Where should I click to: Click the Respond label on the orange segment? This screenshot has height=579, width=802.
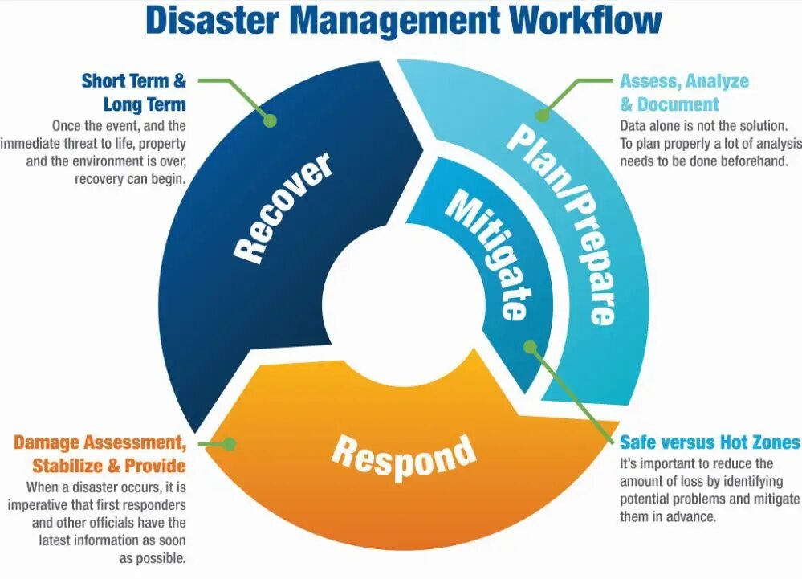coord(404,455)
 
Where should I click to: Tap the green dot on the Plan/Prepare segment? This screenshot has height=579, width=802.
coord(543,116)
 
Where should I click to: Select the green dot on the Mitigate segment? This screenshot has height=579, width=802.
coord(530,347)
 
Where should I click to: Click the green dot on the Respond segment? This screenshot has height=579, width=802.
coord(229,443)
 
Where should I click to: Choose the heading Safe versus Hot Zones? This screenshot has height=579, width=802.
coord(710,442)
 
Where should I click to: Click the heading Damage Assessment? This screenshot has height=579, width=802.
coord(100,442)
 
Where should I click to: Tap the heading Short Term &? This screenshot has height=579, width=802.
coord(133,81)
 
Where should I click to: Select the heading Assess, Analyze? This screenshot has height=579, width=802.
coord(684,81)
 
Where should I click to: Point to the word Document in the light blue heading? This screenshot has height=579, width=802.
coord(678,104)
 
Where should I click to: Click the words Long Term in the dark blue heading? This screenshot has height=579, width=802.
coord(145,104)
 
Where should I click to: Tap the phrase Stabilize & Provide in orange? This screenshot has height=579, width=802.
coord(109,466)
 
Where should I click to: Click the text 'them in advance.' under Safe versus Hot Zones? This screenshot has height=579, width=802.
coord(666,516)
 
